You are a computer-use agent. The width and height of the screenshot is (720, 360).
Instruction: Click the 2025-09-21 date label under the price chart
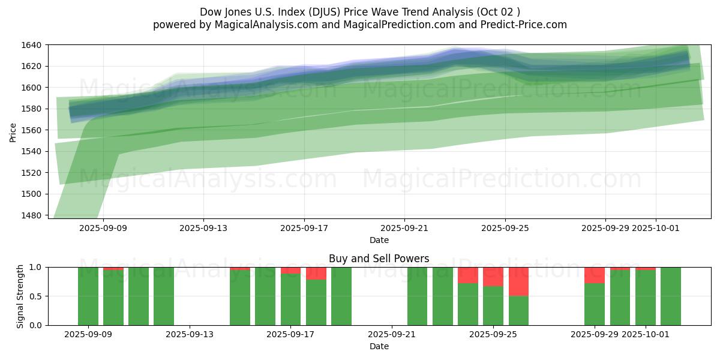click(x=404, y=228)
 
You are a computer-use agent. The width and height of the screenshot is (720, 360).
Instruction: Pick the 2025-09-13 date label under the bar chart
click(x=190, y=335)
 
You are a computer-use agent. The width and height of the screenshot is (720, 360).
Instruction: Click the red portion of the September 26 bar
click(x=518, y=281)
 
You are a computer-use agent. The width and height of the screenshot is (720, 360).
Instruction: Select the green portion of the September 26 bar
click(x=518, y=311)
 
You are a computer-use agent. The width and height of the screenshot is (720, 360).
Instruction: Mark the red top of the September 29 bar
click(x=595, y=275)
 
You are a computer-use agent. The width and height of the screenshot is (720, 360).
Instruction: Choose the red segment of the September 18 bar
click(x=316, y=273)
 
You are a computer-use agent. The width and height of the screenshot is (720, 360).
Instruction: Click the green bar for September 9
click(x=88, y=296)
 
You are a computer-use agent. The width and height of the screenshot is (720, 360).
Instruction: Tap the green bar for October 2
click(x=671, y=296)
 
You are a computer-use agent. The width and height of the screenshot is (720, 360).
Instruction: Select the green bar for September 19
click(x=341, y=296)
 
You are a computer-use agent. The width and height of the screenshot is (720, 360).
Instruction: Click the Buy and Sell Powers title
click(x=379, y=259)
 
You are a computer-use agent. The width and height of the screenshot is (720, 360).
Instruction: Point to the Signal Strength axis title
click(x=20, y=296)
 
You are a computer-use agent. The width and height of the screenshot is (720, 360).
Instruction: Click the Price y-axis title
click(x=13, y=133)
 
